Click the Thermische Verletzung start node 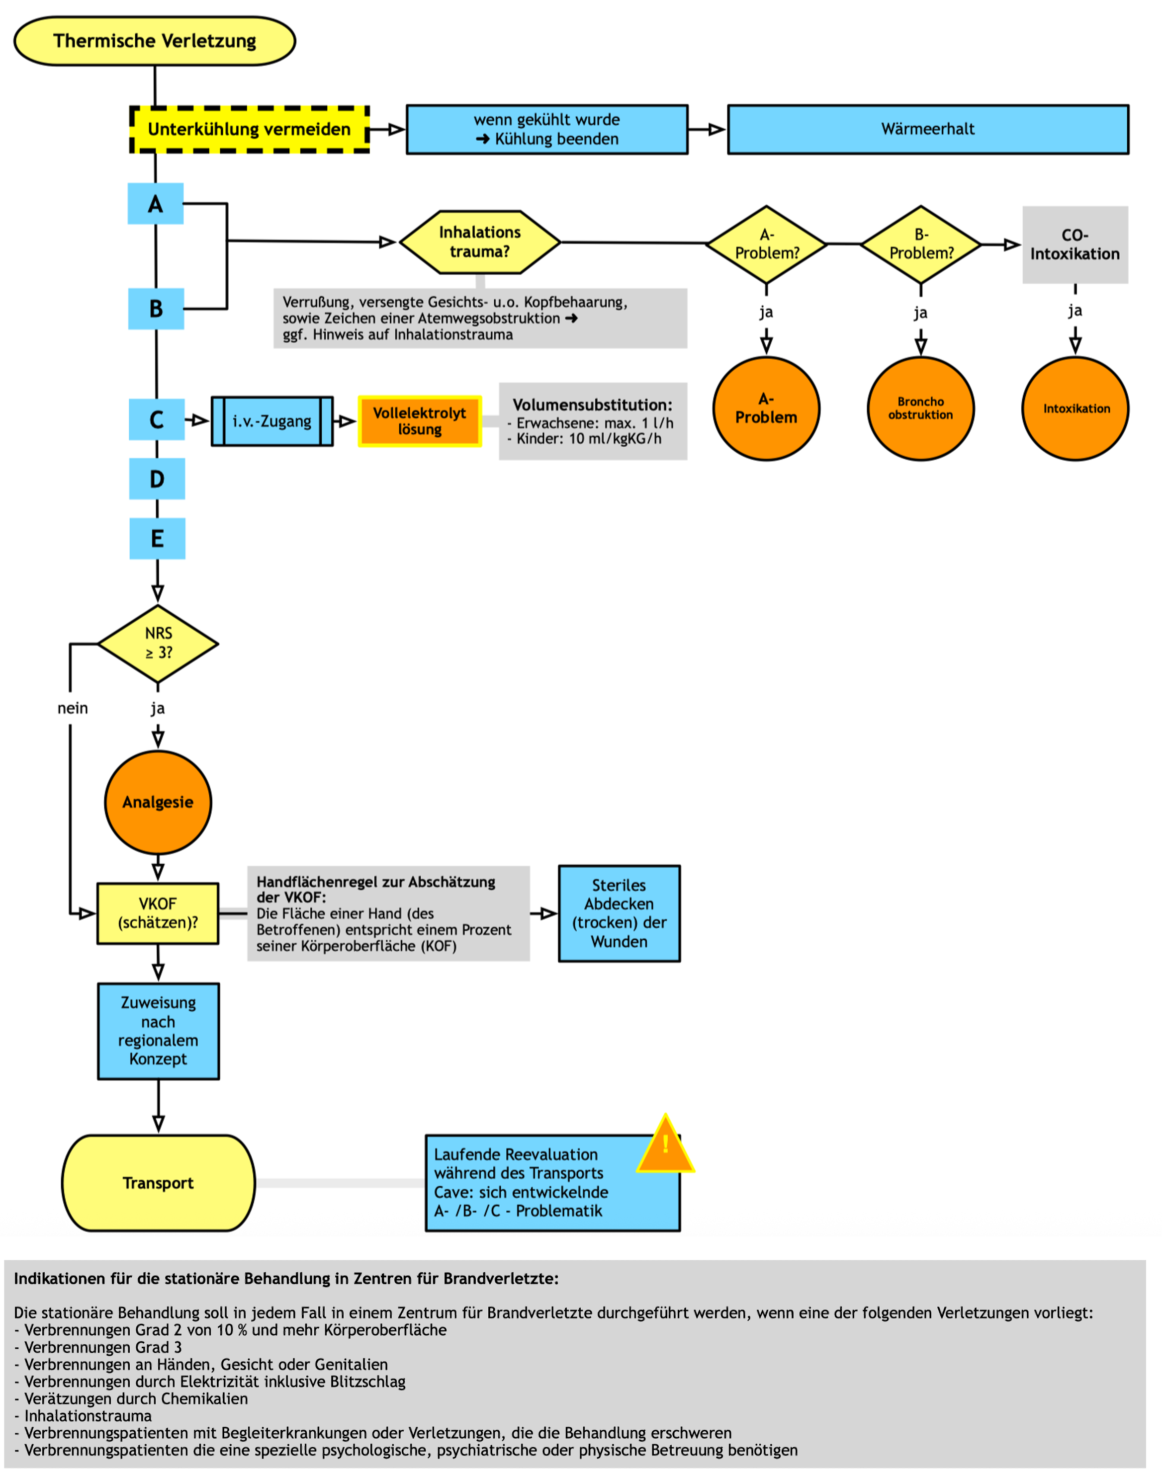click(155, 41)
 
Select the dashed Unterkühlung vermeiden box click(249, 129)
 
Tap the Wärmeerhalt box click(927, 129)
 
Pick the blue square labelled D click(157, 480)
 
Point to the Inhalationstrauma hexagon click(480, 242)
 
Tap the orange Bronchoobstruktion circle click(920, 409)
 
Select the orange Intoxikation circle click(1075, 409)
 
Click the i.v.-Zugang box click(272, 421)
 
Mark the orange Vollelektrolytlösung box click(420, 421)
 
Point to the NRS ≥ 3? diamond click(159, 644)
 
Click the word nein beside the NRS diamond click(73, 709)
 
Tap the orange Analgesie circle click(158, 803)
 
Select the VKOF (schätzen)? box click(158, 913)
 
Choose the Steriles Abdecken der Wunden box click(619, 913)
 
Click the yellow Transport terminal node click(159, 1183)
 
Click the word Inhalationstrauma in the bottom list click(89, 1416)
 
